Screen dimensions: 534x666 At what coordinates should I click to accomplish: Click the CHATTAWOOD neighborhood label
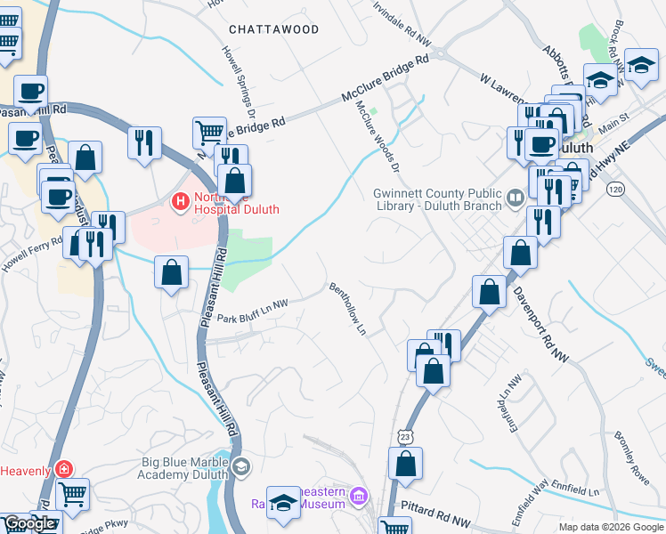click(x=273, y=29)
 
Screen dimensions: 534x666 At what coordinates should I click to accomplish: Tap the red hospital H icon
click(x=181, y=202)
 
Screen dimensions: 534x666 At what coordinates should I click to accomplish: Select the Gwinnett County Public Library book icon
click(x=515, y=197)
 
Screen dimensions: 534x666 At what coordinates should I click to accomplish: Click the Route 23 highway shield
click(x=406, y=435)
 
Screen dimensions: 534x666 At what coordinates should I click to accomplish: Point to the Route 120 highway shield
click(x=614, y=189)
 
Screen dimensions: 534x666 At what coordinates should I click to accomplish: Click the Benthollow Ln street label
click(x=348, y=309)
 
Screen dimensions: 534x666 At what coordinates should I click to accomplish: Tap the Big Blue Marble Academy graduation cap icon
click(x=240, y=467)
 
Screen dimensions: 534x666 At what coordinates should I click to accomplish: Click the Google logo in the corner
click(x=29, y=523)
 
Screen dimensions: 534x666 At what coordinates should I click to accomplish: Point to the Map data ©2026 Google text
click(x=611, y=527)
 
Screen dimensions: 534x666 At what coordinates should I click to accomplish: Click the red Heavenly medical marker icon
click(x=62, y=468)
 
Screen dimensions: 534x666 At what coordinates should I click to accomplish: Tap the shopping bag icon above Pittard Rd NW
click(x=405, y=464)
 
